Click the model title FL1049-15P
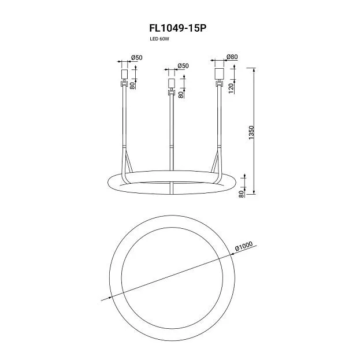coord(178,28)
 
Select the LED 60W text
coord(159,39)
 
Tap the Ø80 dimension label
coord(232,57)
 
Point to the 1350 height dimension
coord(251,132)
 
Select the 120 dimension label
coord(231,88)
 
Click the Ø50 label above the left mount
coord(136,58)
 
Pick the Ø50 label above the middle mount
coord(183,66)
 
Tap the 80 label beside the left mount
coord(132,86)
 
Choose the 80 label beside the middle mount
coord(181,95)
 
